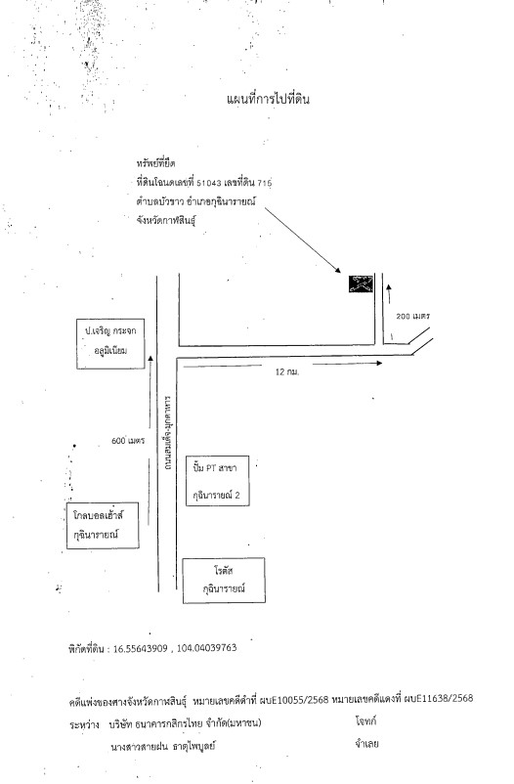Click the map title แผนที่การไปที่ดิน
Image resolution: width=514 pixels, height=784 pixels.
point(268,99)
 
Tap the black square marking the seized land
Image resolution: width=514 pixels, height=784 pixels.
point(361,284)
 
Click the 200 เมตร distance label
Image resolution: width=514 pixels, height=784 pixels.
point(413,316)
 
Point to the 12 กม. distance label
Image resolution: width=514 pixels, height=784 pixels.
point(287,372)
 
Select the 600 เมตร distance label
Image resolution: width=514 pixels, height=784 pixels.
point(128,441)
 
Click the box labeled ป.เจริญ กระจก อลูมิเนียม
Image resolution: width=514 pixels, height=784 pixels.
point(110,343)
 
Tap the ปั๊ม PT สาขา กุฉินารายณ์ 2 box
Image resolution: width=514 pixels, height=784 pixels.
point(218,481)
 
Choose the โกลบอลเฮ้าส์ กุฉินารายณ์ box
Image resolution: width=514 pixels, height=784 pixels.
point(103,525)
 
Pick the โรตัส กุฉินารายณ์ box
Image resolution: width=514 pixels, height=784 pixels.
point(224,580)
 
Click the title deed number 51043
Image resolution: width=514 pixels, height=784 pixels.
point(209,183)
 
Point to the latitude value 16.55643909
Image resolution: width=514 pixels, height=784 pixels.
point(141,648)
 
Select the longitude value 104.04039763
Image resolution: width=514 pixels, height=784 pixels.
point(206,648)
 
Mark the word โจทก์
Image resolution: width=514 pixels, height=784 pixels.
point(366,721)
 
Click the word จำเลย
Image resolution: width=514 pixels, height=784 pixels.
point(366,744)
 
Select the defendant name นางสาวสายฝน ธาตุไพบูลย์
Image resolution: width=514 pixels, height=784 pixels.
point(163,747)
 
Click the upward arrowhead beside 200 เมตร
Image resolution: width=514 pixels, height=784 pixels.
point(389,286)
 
